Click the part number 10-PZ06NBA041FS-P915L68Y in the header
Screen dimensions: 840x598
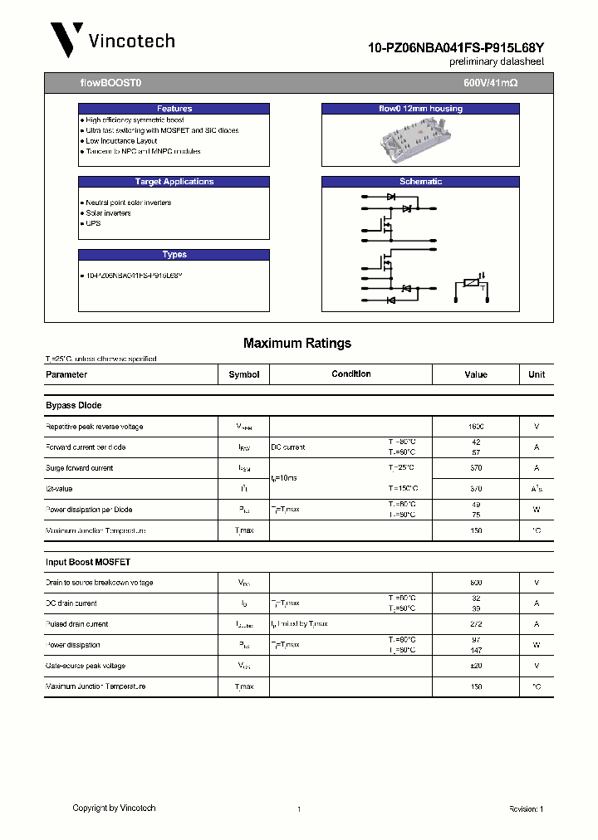pos(456,49)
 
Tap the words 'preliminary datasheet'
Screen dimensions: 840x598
pos(497,62)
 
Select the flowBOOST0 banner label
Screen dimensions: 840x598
pos(104,84)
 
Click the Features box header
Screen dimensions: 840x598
pos(174,109)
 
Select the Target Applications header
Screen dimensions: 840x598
pos(174,182)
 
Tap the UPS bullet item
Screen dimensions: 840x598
pos(93,223)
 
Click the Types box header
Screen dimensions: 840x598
pos(174,255)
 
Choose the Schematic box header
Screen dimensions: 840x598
pos(420,182)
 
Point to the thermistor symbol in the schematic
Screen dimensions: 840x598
pos(471,285)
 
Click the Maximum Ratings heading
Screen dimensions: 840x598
pos(297,343)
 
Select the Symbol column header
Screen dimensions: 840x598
pos(244,374)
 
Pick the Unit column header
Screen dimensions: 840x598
pos(537,374)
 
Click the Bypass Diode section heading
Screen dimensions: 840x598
pos(74,406)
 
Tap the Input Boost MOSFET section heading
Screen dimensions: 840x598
pos(88,562)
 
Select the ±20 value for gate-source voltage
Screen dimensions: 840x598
pos(476,666)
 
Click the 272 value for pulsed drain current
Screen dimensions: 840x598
pos(476,624)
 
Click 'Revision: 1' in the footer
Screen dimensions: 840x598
pos(526,808)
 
